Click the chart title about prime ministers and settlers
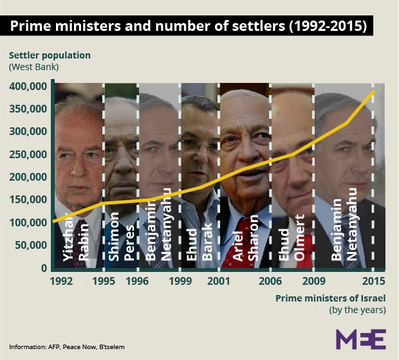187,26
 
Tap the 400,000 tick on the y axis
28,86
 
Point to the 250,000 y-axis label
28,154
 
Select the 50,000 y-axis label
32,245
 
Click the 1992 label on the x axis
61,281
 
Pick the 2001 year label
219,281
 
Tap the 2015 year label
374,281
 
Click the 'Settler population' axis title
49,55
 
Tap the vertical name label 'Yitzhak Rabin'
75,240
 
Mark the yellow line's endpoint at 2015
374,92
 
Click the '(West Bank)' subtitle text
34,67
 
